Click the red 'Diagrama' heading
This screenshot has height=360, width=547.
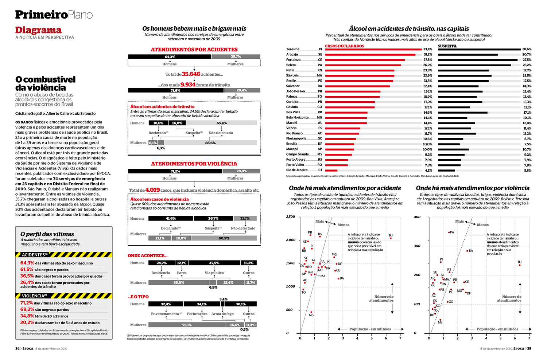click(38, 30)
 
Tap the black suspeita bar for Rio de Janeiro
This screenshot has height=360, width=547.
click(446, 171)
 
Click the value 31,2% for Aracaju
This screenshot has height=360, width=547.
click(428, 55)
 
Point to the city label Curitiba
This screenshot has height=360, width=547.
click(292, 102)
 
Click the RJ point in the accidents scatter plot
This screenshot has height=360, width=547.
click(391, 238)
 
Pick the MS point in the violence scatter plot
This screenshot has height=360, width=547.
click(440, 320)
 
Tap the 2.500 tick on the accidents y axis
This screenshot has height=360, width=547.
click(291, 217)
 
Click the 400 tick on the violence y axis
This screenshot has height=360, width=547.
click(417, 217)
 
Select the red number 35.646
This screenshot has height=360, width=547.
click(191, 74)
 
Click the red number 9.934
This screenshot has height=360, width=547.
click(188, 85)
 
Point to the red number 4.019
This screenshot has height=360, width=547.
click(152, 190)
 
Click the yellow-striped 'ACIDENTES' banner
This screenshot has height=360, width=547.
click(64, 255)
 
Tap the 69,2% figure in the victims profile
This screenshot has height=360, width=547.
click(27, 309)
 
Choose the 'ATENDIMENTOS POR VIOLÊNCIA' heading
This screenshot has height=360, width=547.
click(194, 164)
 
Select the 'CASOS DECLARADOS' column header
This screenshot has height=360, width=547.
click(345, 46)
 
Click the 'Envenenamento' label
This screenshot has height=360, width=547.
click(165, 314)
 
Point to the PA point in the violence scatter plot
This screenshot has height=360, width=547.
click(449, 232)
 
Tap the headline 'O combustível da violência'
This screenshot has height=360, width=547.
click(45, 83)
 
